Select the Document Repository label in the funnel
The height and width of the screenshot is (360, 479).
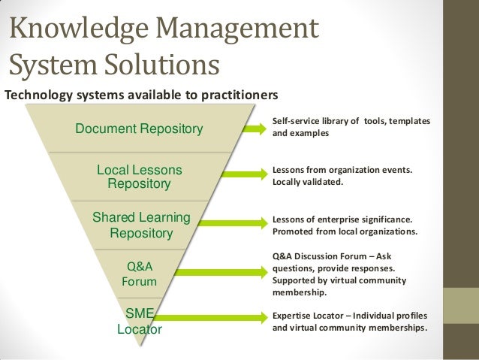click(139, 129)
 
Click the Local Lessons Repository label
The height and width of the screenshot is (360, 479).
click(140, 177)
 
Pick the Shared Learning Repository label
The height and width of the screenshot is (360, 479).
click(141, 225)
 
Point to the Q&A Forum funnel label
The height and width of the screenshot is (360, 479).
click(139, 274)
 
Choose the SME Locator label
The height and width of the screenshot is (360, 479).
click(139, 321)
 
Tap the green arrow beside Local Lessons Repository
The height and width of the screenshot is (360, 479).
click(243, 176)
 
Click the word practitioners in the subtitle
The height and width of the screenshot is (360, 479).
click(241, 95)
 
